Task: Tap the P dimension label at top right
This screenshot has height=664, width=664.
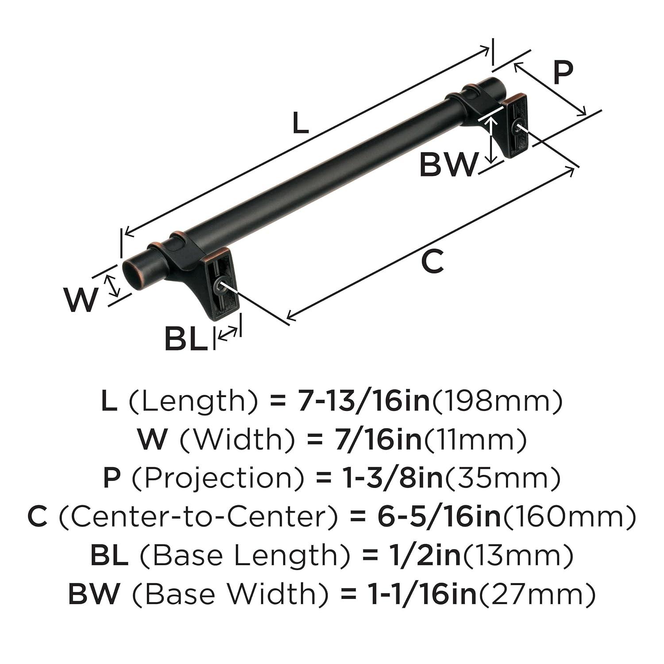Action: pyautogui.click(x=563, y=73)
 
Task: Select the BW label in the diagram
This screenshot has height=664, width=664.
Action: pyautogui.click(x=449, y=165)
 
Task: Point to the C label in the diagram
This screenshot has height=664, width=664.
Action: pyautogui.click(x=432, y=261)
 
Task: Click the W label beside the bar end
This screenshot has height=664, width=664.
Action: pyautogui.click(x=81, y=300)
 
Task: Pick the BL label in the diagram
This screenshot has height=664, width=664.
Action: pyautogui.click(x=186, y=339)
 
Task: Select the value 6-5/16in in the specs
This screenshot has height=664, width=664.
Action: pyautogui.click(x=439, y=517)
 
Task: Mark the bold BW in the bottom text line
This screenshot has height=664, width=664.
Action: pyautogui.click(x=94, y=594)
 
